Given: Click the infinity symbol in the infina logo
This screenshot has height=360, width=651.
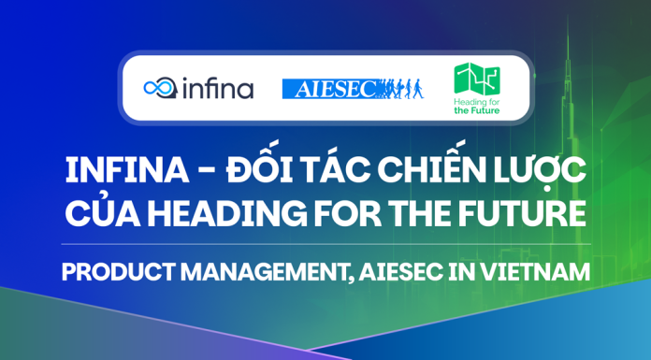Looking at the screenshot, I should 158,89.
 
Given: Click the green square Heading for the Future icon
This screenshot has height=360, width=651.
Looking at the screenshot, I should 475,79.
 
